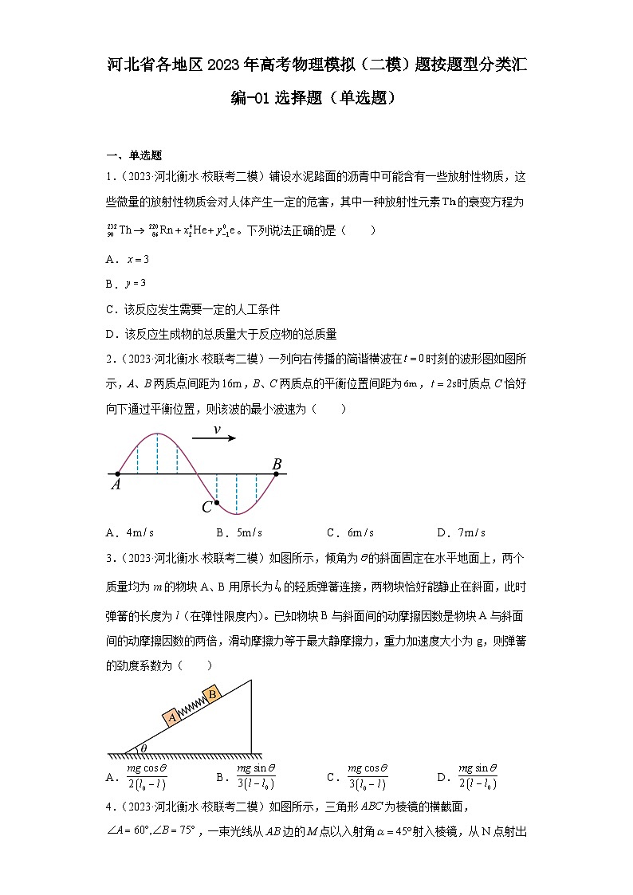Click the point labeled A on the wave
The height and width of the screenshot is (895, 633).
click(118, 474)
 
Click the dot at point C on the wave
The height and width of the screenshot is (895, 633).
click(217, 503)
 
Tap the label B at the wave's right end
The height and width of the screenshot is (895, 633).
click(277, 464)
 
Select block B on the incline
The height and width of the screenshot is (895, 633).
click(212, 694)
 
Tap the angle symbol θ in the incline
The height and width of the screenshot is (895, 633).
click(144, 748)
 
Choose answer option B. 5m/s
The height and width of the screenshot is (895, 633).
click(238, 532)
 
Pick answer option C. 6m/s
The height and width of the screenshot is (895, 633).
click(350, 532)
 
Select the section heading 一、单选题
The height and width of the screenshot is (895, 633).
click(134, 155)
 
